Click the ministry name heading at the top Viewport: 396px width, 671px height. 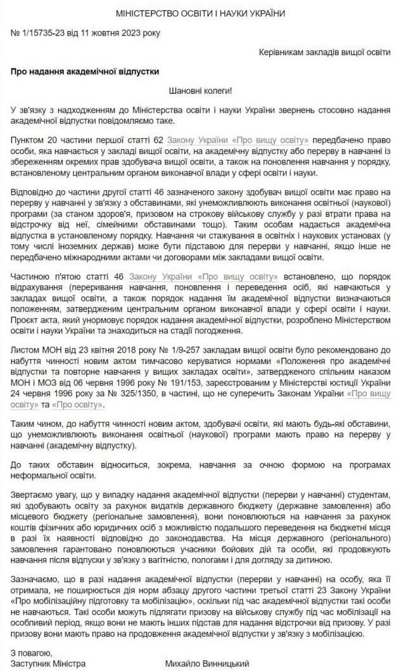201,13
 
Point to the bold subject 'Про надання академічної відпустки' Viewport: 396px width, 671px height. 84,72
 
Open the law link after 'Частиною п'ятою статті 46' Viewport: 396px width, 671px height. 203,294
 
